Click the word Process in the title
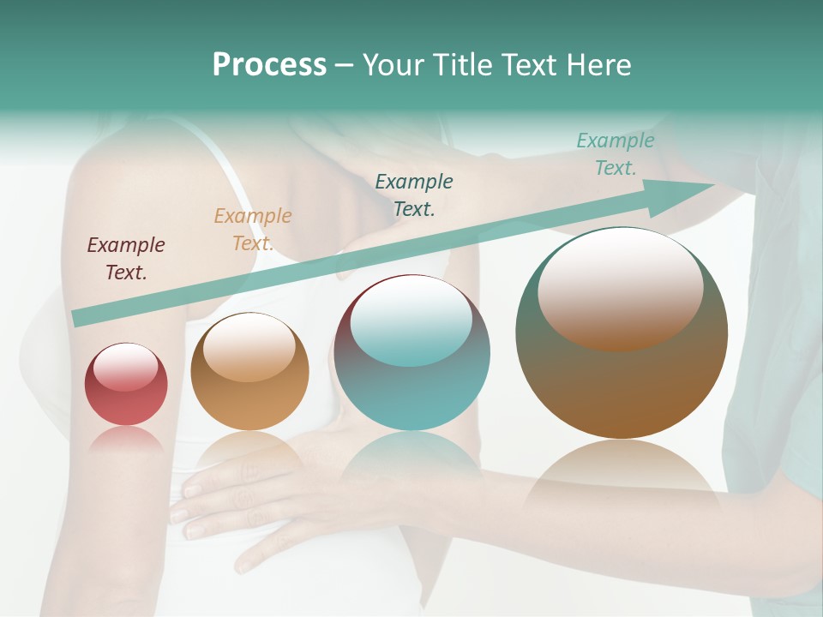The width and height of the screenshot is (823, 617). pos(269,65)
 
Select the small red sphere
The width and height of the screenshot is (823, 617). pos(126,385)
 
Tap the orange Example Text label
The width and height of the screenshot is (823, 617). pos(252,230)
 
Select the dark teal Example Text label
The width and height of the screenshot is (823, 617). pos(414,195)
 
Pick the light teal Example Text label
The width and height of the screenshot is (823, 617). pos(615,154)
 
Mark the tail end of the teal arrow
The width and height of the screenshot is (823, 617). pos(79,318)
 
